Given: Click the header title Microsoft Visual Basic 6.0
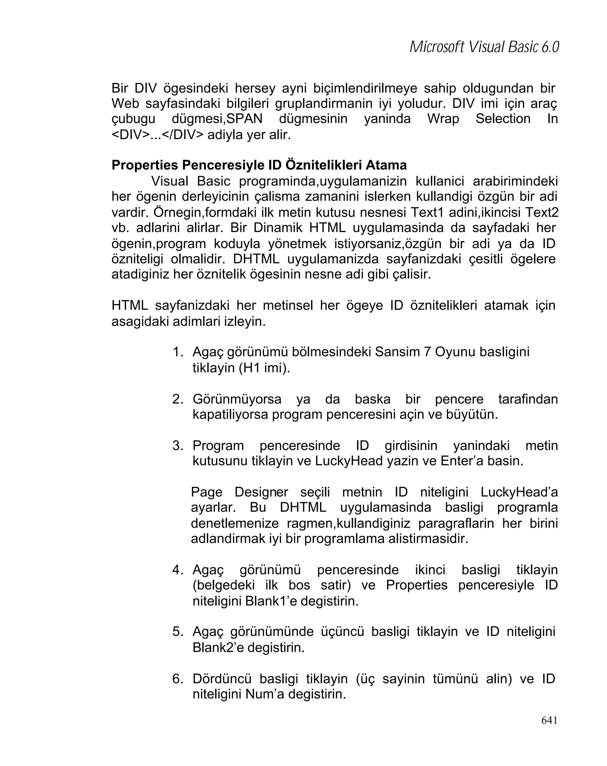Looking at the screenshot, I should [484, 47].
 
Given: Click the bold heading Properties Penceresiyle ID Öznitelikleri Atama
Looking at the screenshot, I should [259, 165].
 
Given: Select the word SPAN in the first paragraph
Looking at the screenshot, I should [244, 119].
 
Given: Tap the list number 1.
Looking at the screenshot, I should [177, 352].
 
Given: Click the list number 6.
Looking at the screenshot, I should [177, 679].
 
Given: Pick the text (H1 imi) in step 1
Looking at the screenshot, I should [264, 368].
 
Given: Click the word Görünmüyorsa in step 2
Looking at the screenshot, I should [237, 399].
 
